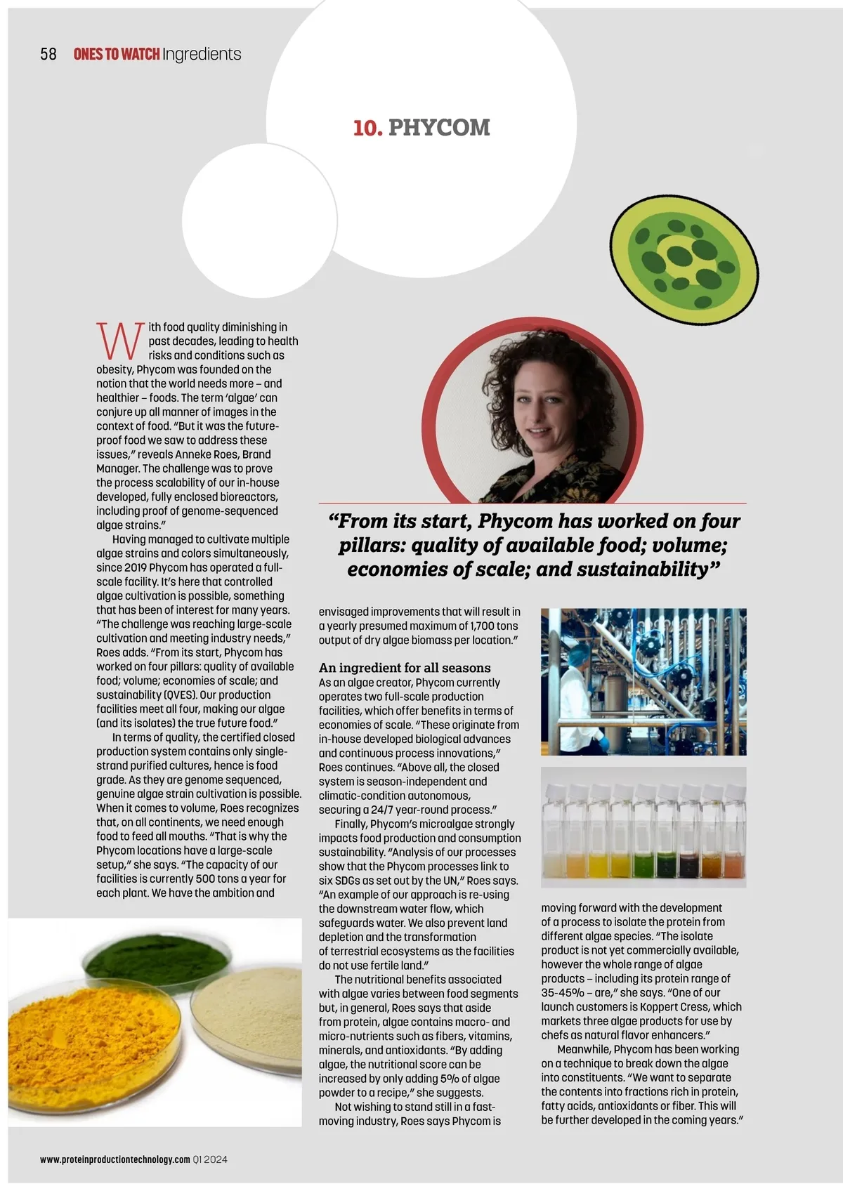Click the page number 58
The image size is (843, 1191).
pos(48,54)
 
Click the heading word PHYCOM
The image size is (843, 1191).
pos(439,128)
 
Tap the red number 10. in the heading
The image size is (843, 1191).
pos(367,128)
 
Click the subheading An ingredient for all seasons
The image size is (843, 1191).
pos(405,668)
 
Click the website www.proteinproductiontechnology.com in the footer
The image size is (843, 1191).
pos(115,1159)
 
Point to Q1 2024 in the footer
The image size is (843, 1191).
pos(210,1159)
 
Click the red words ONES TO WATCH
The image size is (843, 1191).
pos(116,54)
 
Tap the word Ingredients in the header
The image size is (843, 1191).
pos(202,54)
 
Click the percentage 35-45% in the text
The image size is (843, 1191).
pos(563,992)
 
